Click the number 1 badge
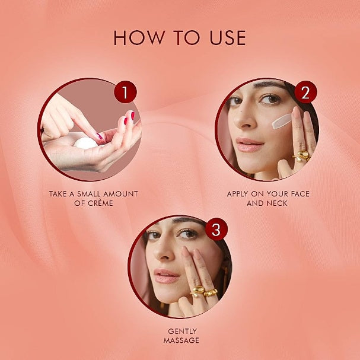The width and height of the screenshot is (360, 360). [125, 92]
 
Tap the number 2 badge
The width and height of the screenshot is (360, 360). [305, 92]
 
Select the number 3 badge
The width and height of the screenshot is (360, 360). [216, 229]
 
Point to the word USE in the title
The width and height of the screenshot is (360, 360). [228, 38]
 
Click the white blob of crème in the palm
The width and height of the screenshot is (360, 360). [85, 143]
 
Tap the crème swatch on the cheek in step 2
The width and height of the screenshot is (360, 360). [282, 121]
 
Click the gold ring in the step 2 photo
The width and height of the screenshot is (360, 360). [302, 156]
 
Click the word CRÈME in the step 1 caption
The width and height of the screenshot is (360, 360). [100, 203]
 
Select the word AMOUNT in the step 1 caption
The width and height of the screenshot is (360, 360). [120, 194]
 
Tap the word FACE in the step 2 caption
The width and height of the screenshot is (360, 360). [300, 194]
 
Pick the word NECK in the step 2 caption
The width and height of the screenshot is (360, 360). [278, 203]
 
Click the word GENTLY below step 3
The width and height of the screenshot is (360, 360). [182, 332]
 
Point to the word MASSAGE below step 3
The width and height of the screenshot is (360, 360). [181, 340]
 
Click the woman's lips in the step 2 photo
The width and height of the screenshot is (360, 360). [249, 144]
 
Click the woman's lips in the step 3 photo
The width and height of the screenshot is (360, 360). [166, 276]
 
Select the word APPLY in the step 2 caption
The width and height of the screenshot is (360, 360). [237, 194]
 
